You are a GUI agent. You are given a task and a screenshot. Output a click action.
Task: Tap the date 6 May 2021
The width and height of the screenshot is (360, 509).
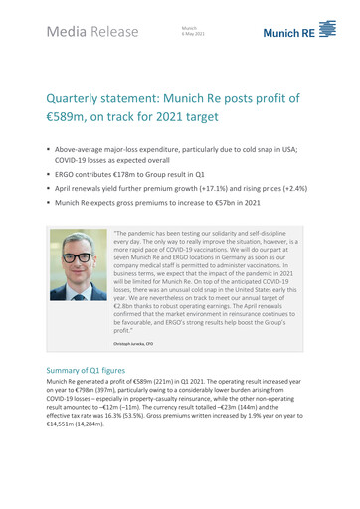[x=194, y=34]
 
